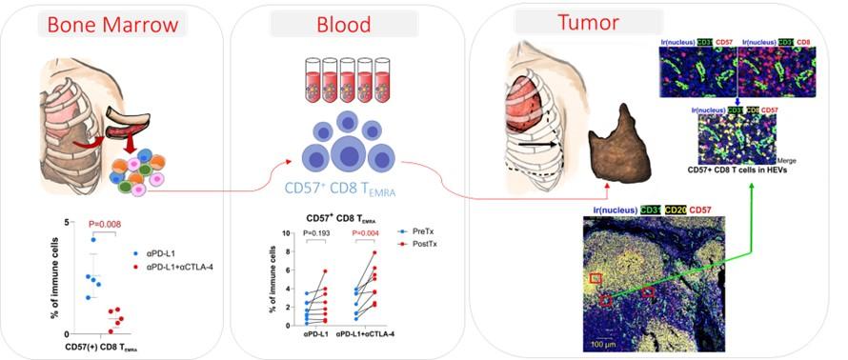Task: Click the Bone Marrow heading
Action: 99,25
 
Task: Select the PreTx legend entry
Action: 425,231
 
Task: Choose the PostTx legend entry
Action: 427,244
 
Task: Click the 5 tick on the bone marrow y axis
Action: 66,223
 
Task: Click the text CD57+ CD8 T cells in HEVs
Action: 747,171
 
